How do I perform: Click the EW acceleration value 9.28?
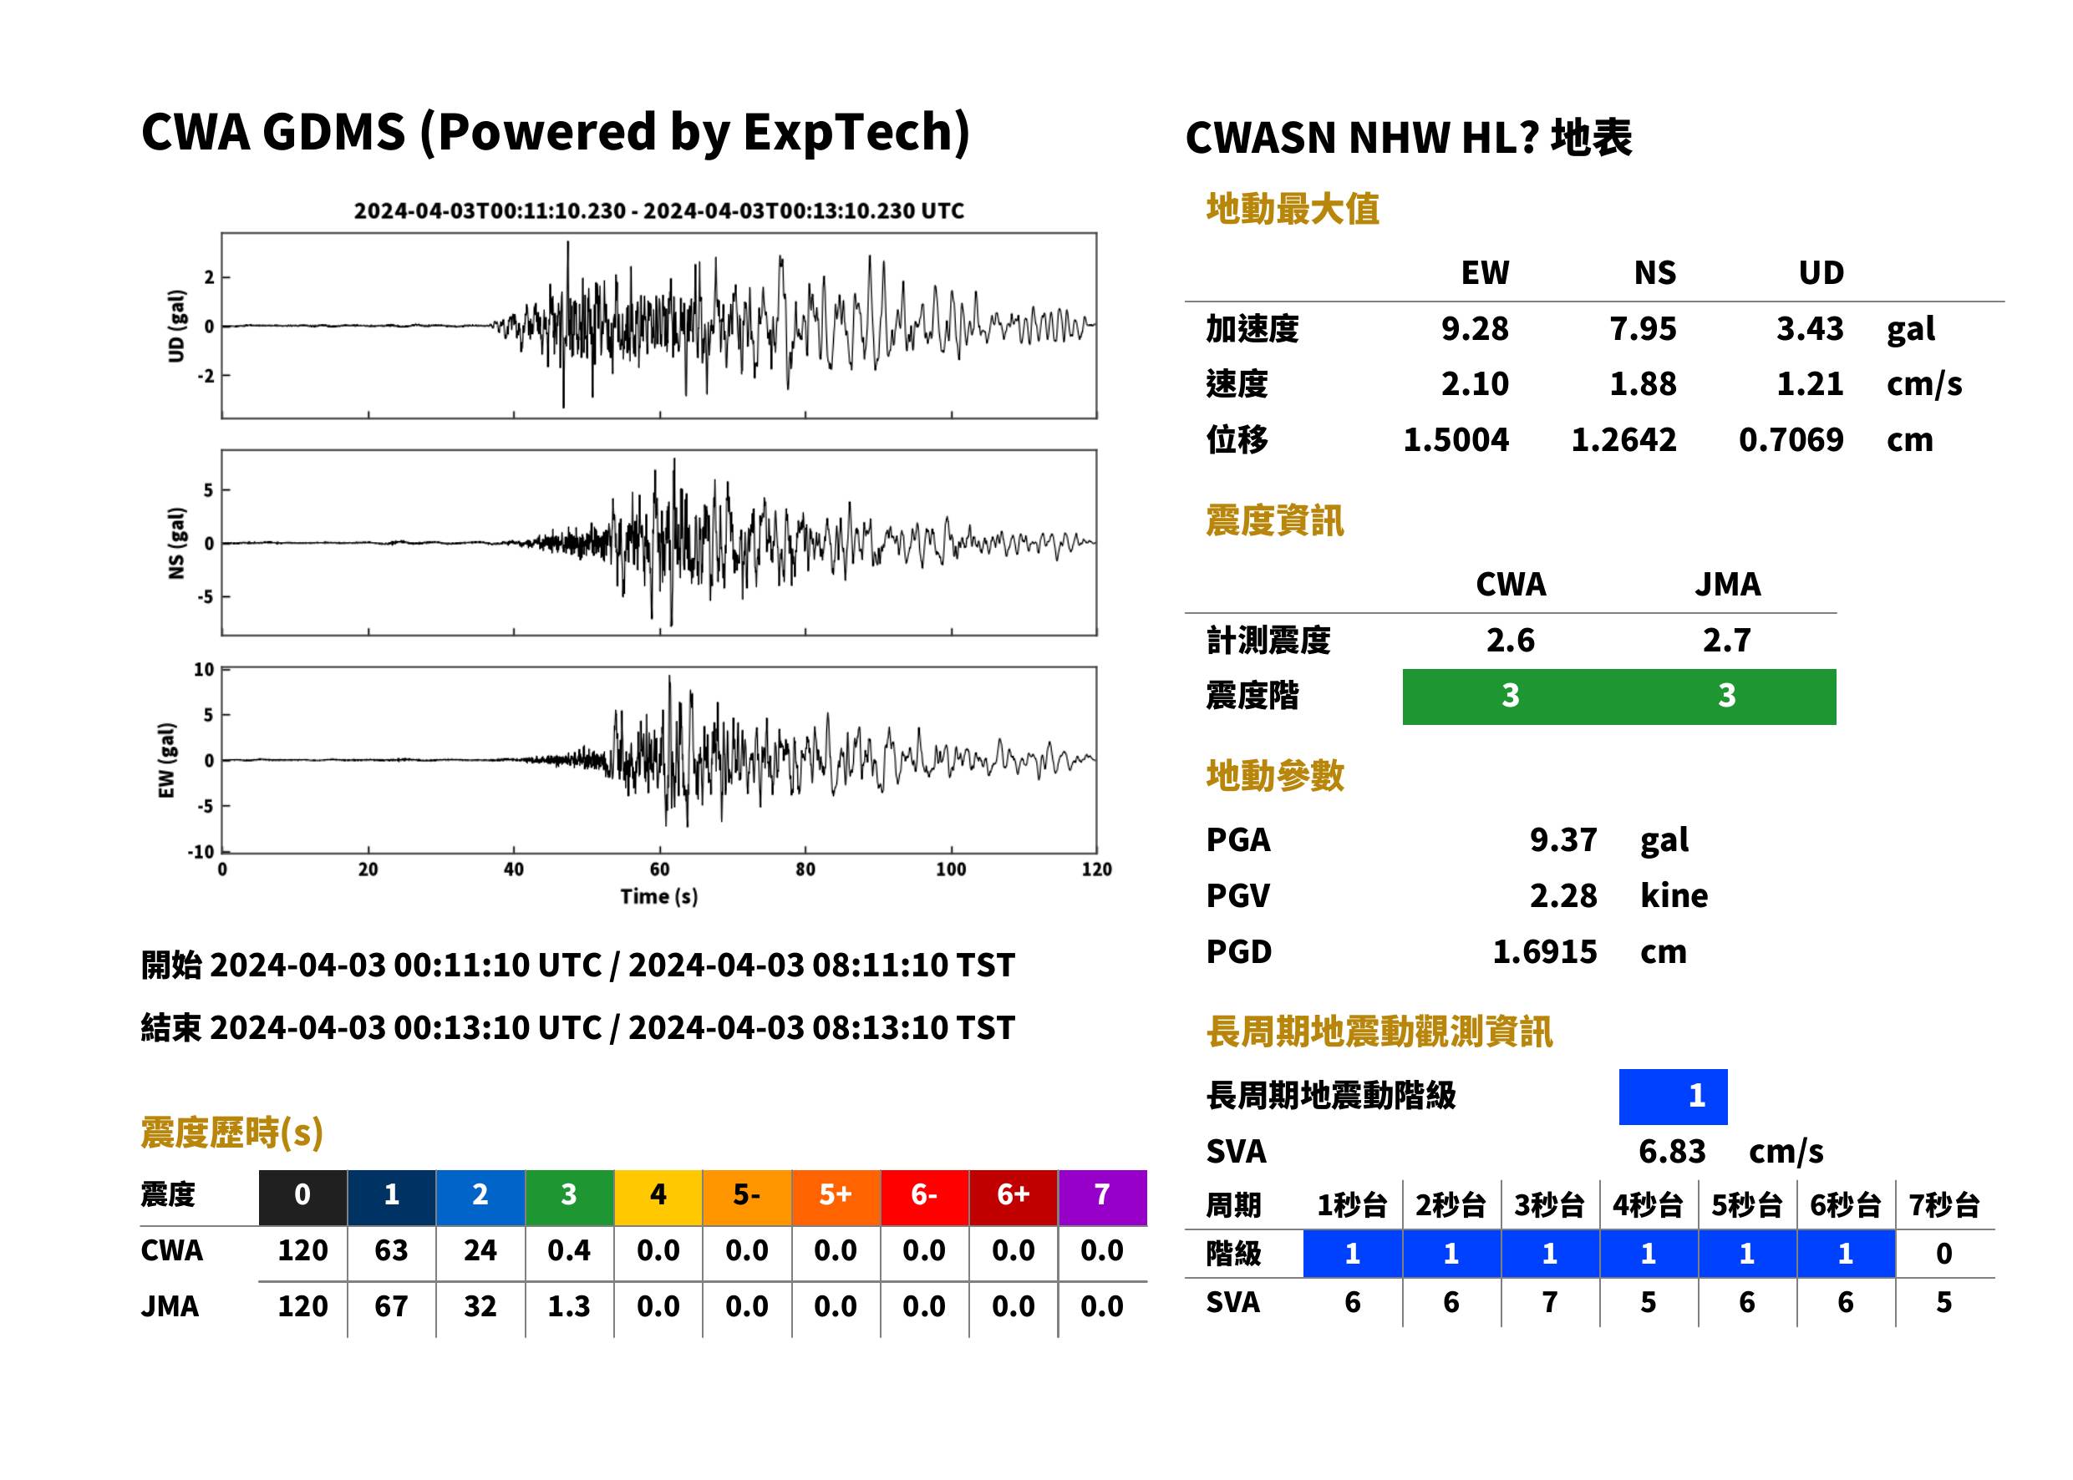pyautogui.click(x=1474, y=328)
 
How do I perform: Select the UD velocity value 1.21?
pyautogui.click(x=1810, y=383)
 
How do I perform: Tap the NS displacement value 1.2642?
pyautogui.click(x=1623, y=440)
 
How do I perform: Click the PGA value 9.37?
pyautogui.click(x=1562, y=839)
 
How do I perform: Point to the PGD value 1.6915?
pyautogui.click(x=1544, y=951)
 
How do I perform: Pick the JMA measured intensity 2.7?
pyautogui.click(x=1726, y=640)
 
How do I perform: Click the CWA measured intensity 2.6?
pyautogui.click(x=1510, y=640)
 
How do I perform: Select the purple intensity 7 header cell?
pyautogui.click(x=1102, y=1194)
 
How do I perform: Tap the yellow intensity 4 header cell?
pyautogui.click(x=658, y=1194)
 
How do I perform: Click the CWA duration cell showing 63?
pyautogui.click(x=391, y=1250)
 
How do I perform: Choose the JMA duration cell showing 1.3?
pyautogui.click(x=569, y=1307)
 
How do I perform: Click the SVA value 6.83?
pyautogui.click(x=1671, y=1151)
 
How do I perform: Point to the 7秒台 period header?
pyautogui.click(x=1943, y=1204)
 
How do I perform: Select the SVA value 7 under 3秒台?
pyautogui.click(x=1549, y=1302)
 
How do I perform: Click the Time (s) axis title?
pyautogui.click(x=659, y=897)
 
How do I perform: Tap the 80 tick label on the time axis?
pyautogui.click(x=805, y=869)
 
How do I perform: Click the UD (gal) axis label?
pyautogui.click(x=177, y=326)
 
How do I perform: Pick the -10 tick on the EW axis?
pyautogui.click(x=201, y=852)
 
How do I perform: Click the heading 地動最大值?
pyautogui.click(x=1292, y=209)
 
